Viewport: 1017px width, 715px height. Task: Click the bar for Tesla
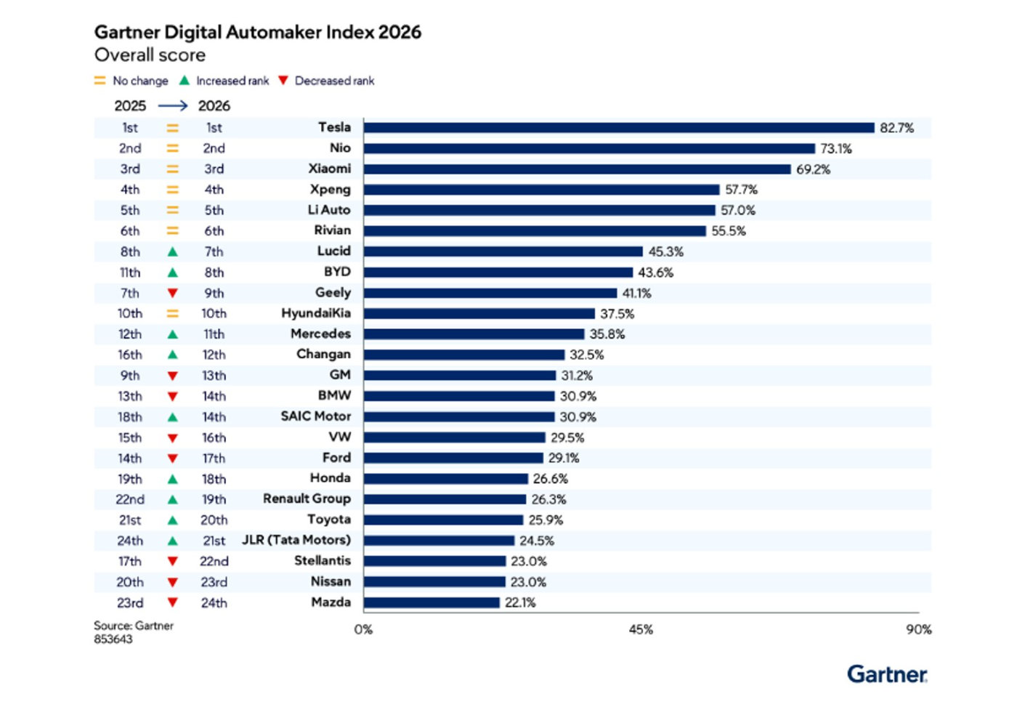pos(619,128)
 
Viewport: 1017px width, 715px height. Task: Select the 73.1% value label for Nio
pos(836,148)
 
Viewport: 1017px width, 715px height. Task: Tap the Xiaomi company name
pos(330,169)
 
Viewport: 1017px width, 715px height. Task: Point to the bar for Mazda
pos(431,602)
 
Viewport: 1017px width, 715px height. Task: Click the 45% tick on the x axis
pos(641,629)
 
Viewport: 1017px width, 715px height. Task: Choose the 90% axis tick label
pos(918,629)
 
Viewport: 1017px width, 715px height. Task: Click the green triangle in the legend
pos(184,81)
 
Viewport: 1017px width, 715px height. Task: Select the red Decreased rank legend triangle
pos(283,81)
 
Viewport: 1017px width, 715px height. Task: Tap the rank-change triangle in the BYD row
pos(173,272)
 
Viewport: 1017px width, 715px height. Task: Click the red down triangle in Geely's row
pos(173,293)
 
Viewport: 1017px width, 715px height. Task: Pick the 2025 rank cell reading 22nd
pos(130,499)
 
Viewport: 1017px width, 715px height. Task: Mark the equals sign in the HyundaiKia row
pos(173,313)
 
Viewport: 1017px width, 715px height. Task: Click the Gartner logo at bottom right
pos(887,674)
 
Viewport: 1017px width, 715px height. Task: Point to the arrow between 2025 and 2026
pos(173,106)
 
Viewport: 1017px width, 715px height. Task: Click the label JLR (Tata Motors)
pos(296,540)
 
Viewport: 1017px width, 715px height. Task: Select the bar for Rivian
pos(535,231)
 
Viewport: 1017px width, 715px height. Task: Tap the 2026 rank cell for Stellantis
pos(214,562)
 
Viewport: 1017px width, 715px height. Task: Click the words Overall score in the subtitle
pos(150,55)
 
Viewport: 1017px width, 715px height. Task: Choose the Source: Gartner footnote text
pos(134,626)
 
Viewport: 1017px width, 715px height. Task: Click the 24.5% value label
pos(537,541)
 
